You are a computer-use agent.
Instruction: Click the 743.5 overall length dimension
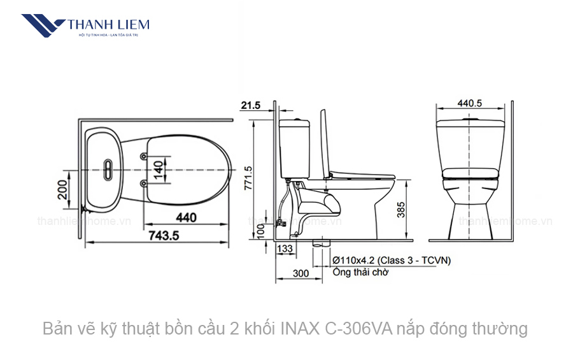[164, 235]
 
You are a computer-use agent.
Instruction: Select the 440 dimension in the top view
[185, 218]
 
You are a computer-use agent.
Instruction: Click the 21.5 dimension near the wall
[251, 106]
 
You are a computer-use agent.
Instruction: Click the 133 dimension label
[285, 248]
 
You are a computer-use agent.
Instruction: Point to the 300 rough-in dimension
[301, 273]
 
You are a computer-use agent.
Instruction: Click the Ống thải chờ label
[360, 272]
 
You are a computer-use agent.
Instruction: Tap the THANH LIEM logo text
[108, 25]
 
